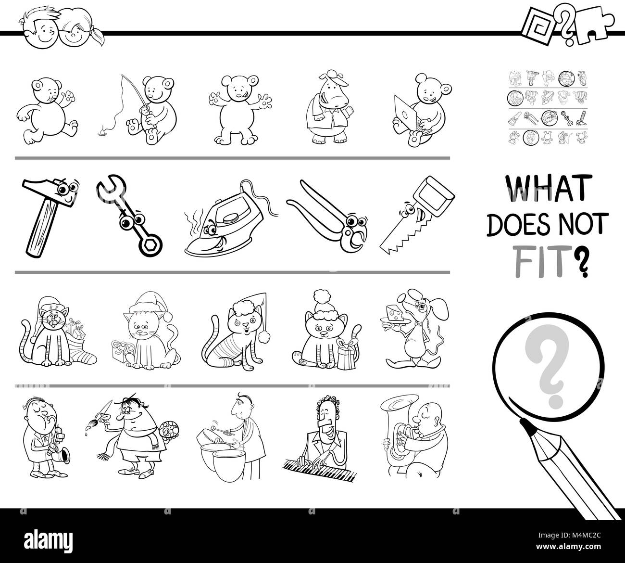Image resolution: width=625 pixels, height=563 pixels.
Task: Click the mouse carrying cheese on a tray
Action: pos(416,328)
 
